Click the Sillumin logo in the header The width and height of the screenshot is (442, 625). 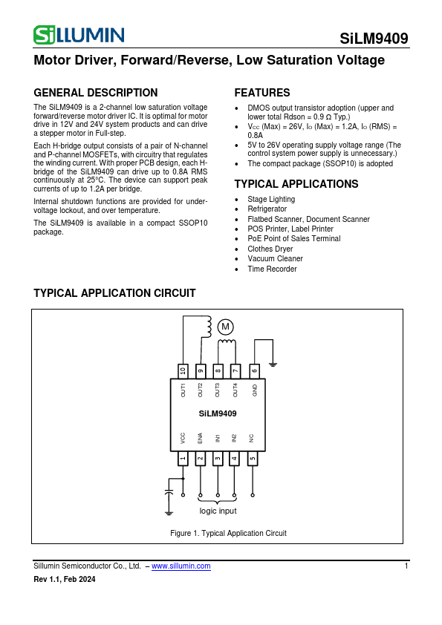coord(79,34)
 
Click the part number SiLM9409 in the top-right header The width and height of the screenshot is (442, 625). coord(374,39)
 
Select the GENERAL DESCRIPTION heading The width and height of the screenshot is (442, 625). coord(96,93)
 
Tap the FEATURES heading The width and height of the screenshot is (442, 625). coord(262,93)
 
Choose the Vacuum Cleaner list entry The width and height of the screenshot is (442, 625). coord(275,259)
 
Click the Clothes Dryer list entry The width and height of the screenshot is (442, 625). coord(270,249)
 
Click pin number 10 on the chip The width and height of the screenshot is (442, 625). coord(183,370)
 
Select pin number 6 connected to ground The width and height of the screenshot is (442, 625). coord(254,370)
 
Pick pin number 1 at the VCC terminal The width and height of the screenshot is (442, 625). coord(183,458)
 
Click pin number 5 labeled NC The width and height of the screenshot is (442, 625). coord(253,458)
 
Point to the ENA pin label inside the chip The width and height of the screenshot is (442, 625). coord(201,438)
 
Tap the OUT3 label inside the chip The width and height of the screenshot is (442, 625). coord(218,390)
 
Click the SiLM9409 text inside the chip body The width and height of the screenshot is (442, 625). coord(218,413)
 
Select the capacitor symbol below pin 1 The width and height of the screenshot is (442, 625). coord(169,492)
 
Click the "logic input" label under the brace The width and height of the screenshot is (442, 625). coord(218,511)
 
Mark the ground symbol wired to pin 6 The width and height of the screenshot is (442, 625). coord(273,364)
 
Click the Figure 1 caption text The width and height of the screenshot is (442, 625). coord(228,533)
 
